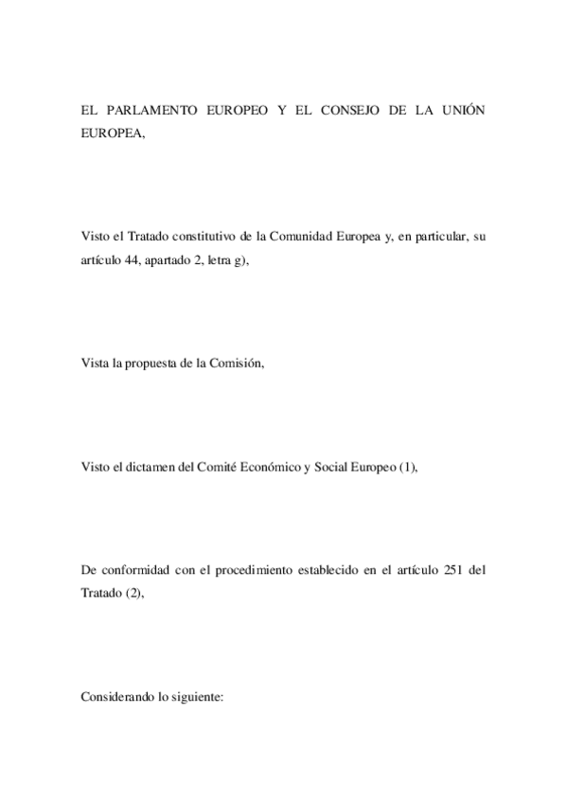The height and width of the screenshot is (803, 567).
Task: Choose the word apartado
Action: tap(170, 259)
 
